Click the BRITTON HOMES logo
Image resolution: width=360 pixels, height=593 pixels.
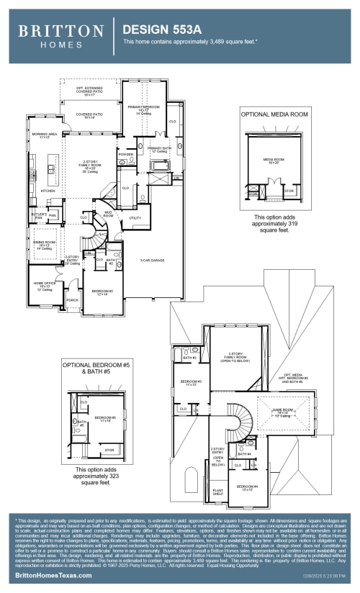coord(60,36)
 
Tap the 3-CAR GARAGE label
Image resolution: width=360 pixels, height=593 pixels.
coord(153,261)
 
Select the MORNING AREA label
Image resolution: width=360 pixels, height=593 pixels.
coord(43,135)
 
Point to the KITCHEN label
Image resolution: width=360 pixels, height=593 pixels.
coord(48,191)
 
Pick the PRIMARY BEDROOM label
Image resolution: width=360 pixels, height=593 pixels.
coord(143,108)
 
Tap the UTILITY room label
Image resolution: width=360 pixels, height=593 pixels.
coord(135,217)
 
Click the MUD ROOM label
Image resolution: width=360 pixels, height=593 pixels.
coord(109,214)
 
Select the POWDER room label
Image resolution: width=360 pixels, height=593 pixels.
coord(126,154)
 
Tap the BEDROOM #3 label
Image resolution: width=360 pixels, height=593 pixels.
coord(190,381)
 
